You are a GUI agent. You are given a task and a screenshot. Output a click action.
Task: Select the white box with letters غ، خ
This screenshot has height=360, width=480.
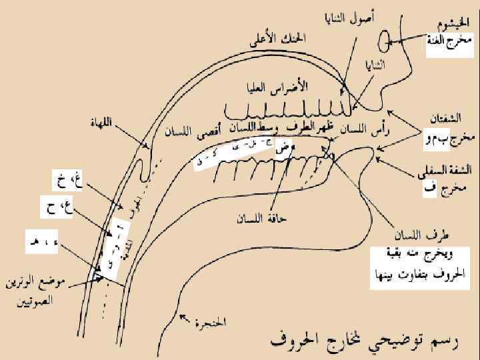coord(67,179)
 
